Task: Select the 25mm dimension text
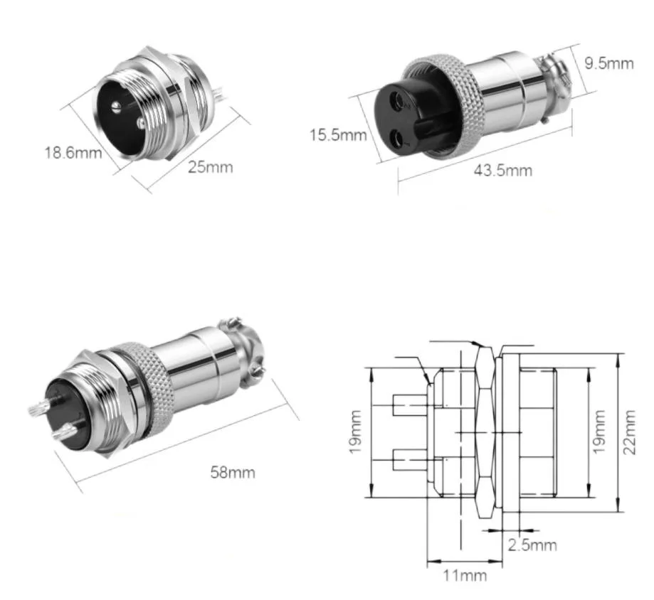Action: pos(210,168)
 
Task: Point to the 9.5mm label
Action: pos(608,63)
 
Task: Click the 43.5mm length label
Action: pos(502,171)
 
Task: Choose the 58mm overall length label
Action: pos(233,471)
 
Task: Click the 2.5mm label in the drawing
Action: pos(532,545)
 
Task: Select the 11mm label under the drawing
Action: pos(463,575)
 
